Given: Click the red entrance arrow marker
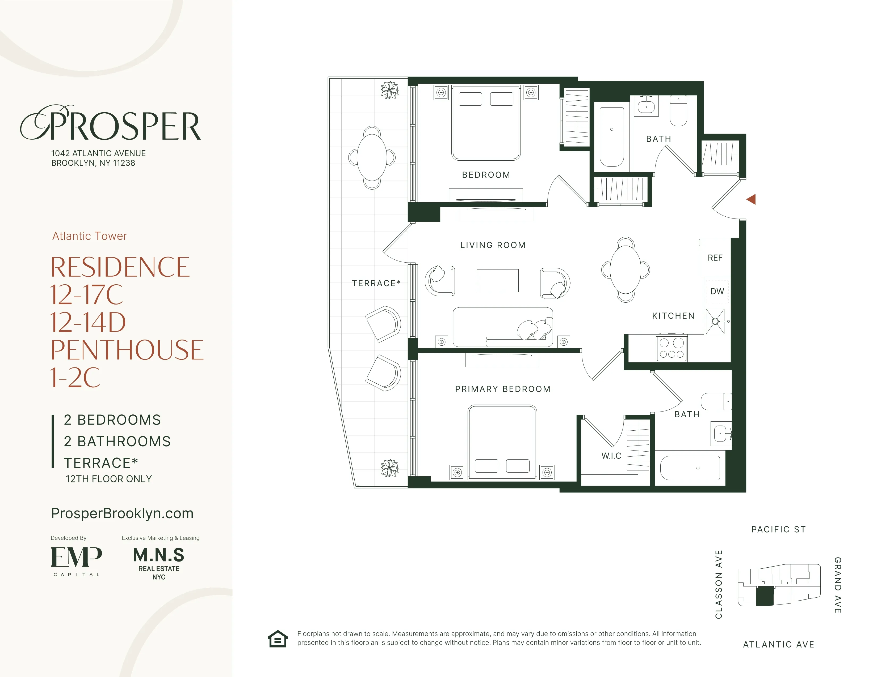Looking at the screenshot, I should (751, 199).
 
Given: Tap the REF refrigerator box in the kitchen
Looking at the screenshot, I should (715, 258).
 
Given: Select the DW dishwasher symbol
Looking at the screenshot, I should (717, 291).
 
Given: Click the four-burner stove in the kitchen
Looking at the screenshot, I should (672, 348).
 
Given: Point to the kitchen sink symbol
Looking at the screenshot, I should (715, 321).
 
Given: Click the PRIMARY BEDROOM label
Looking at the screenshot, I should (503, 389).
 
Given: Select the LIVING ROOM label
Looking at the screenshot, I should (493, 245).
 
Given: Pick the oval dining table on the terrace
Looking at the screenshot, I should (372, 157).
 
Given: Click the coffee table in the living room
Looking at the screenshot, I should (498, 281).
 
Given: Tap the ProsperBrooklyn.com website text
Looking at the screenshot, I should (122, 513).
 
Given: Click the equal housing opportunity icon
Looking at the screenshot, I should (278, 639).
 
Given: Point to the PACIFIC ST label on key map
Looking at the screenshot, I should (778, 529).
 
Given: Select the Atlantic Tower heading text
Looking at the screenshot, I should (90, 236).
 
